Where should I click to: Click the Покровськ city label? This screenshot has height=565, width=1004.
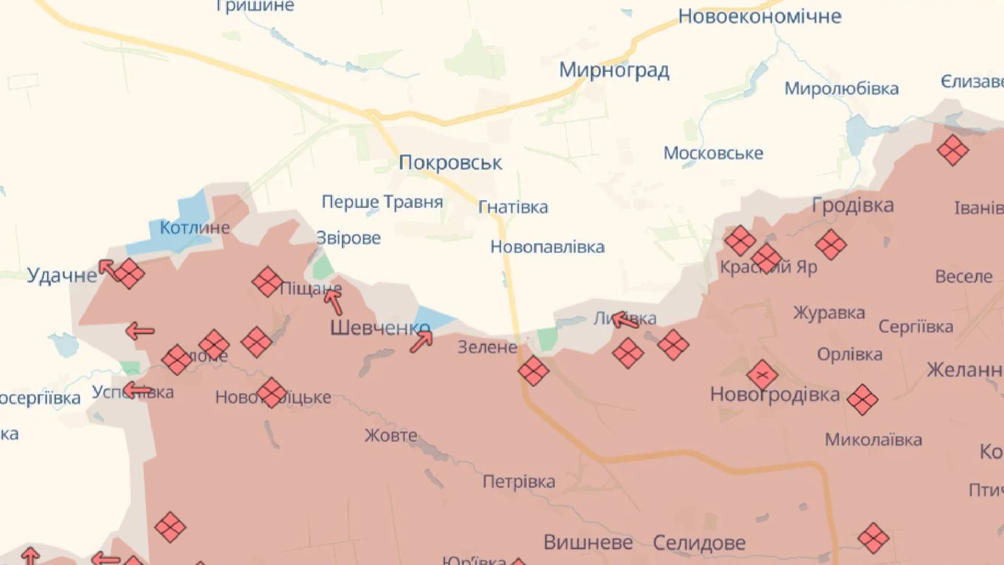(450, 163)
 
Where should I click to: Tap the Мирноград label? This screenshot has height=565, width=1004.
(614, 70)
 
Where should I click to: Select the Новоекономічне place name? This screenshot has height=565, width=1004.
(759, 17)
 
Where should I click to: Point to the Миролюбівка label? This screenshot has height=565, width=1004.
(841, 88)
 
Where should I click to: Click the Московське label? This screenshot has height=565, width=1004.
(713, 153)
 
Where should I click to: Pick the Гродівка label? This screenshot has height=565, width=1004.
(852, 205)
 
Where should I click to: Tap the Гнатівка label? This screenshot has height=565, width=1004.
(513, 207)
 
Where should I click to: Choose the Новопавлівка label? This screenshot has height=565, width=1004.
(547, 247)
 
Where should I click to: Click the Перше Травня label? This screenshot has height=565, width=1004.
(382, 202)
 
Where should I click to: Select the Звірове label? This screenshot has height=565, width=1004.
(348, 238)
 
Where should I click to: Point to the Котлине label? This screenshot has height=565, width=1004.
(195, 228)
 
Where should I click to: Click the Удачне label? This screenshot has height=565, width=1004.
(62, 275)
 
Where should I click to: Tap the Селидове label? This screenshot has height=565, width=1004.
(699, 543)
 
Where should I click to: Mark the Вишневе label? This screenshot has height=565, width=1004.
(588, 542)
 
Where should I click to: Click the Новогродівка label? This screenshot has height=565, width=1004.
(774, 394)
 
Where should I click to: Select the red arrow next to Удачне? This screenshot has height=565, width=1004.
(108, 269)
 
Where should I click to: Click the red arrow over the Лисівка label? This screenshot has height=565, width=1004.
(624, 320)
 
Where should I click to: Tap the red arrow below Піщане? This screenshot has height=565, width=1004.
(333, 301)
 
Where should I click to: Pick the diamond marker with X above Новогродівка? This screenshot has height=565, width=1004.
(762, 375)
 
